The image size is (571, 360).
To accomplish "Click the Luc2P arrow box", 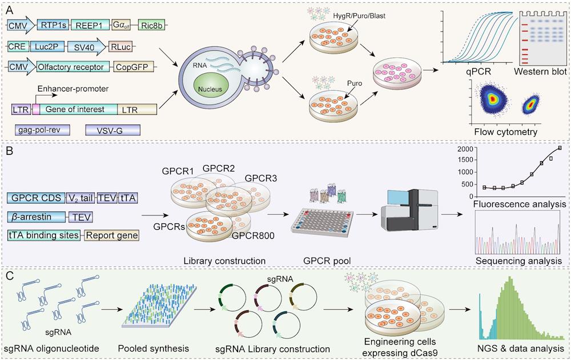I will (51, 46).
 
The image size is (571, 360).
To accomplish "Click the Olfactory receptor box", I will (73, 67).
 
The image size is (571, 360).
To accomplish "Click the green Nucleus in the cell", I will (211, 89).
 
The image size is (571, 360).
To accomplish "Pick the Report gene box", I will (112, 235).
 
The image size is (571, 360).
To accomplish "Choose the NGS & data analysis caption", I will (517, 348).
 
